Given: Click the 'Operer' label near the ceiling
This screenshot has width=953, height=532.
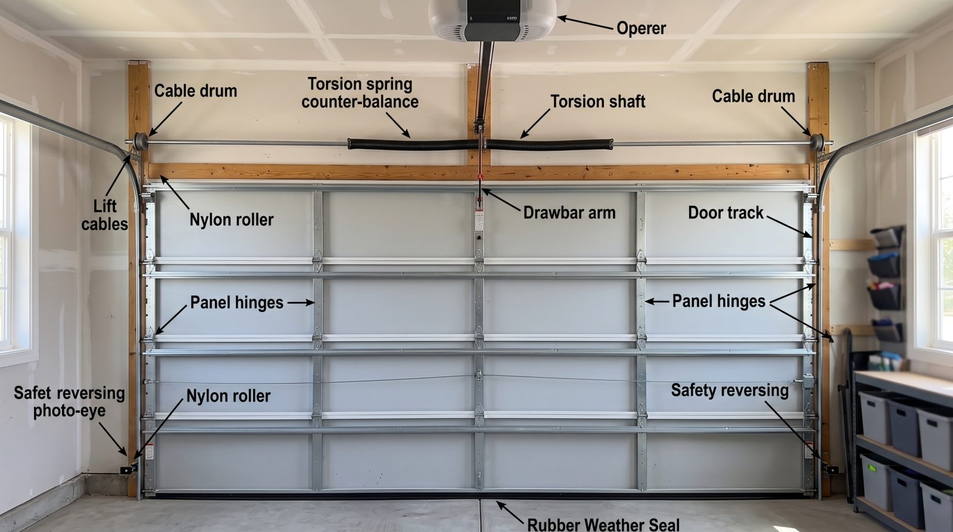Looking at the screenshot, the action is (x=641, y=29).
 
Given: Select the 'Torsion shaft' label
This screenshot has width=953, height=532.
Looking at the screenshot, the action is (x=598, y=102).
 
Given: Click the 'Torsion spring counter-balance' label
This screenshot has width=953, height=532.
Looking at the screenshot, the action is (x=360, y=93).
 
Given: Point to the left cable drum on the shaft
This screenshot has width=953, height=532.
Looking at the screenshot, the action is (x=140, y=142).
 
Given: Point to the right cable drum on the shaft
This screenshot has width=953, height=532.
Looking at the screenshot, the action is (x=817, y=142).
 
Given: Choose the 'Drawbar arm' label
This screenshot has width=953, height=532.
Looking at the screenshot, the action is (x=569, y=213).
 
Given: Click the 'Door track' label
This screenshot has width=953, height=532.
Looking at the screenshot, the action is (x=726, y=213).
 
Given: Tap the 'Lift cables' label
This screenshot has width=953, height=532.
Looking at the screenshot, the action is (x=105, y=215).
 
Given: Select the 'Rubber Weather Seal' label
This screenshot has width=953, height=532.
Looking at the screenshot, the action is (x=603, y=524).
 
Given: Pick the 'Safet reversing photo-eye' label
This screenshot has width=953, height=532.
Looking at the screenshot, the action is (x=69, y=402).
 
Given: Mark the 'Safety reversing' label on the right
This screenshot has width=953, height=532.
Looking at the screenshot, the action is (x=730, y=391).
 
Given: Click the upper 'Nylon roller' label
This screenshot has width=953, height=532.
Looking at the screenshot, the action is (x=232, y=220).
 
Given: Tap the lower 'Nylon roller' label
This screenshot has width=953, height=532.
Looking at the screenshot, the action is (x=229, y=396).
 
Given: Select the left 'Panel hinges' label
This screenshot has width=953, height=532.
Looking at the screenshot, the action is (x=236, y=303).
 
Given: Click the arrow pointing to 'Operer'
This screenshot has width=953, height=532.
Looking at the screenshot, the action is (x=586, y=23).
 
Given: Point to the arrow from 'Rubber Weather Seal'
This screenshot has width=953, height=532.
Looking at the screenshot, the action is (x=510, y=512).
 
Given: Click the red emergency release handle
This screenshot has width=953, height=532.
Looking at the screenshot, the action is (x=481, y=176).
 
